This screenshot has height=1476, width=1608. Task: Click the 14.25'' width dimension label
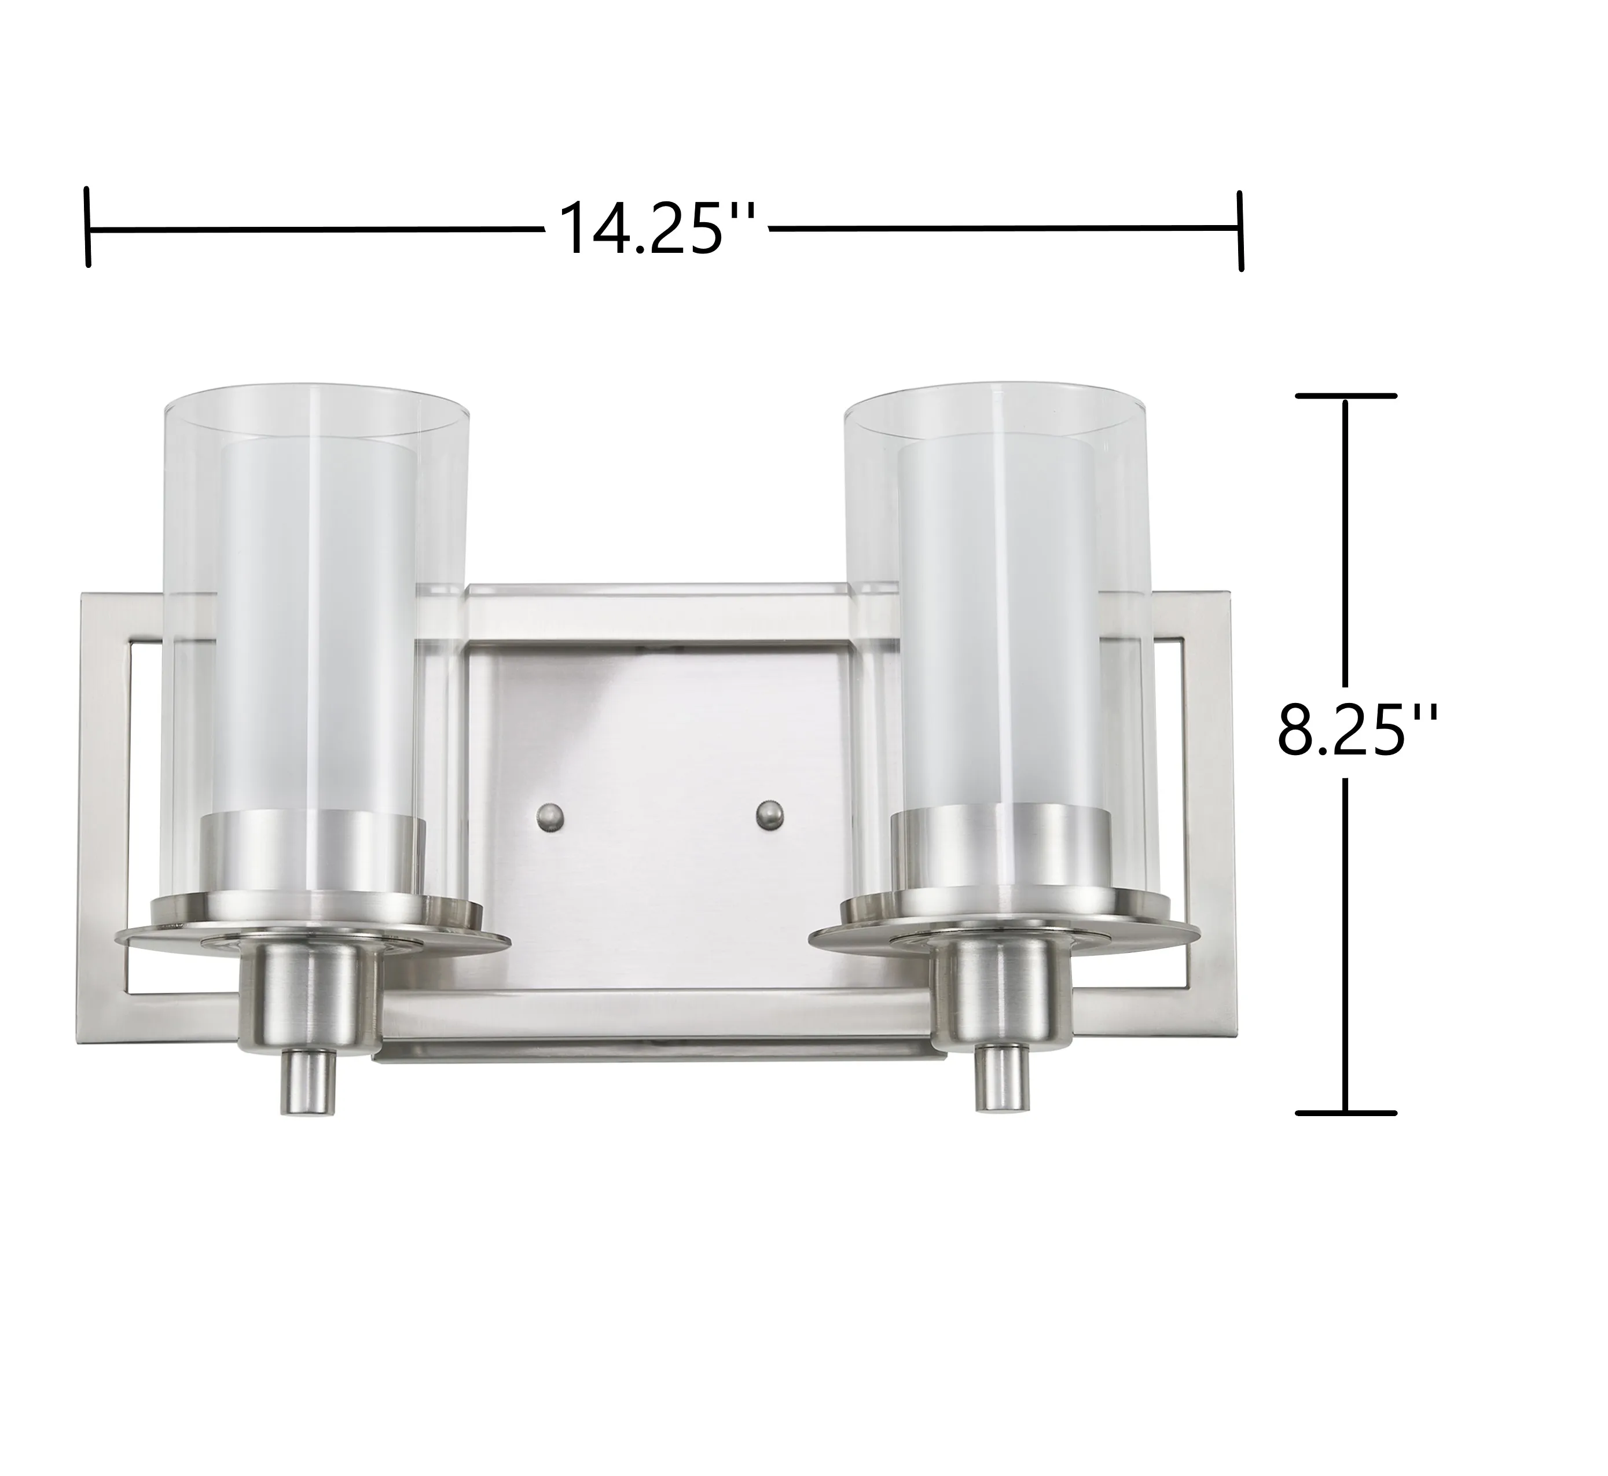pos(658,229)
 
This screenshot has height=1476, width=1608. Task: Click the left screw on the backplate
pos(550,816)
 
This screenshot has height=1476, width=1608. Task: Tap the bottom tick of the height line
pos(1346,1112)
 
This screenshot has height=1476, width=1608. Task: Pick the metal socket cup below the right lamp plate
pos(1004,991)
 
